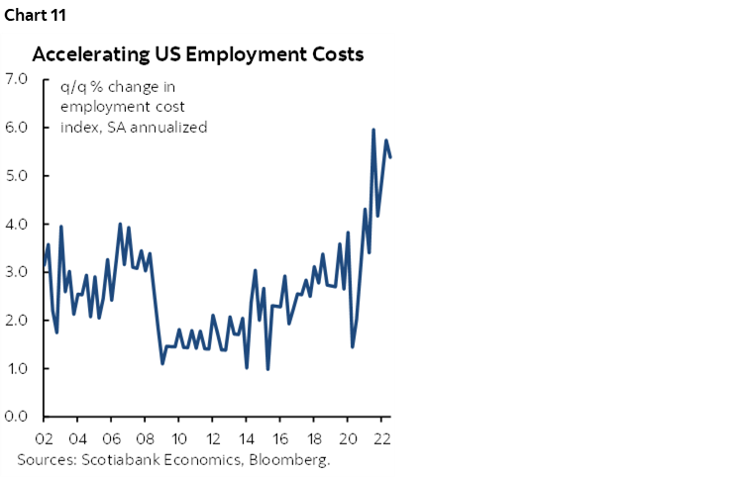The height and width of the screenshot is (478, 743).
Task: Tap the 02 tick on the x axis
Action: click(44, 438)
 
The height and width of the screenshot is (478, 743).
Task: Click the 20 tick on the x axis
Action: click(348, 438)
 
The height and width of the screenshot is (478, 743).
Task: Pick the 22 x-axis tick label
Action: click(381, 438)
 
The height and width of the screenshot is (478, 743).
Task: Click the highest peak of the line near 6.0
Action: click(373, 130)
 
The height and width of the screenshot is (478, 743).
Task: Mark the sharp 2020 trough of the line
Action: click(353, 346)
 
